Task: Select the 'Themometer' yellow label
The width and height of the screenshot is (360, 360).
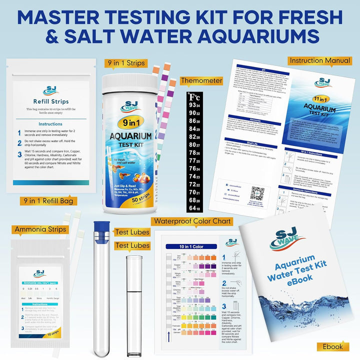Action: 201,80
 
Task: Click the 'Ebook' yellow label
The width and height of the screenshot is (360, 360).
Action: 332,346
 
